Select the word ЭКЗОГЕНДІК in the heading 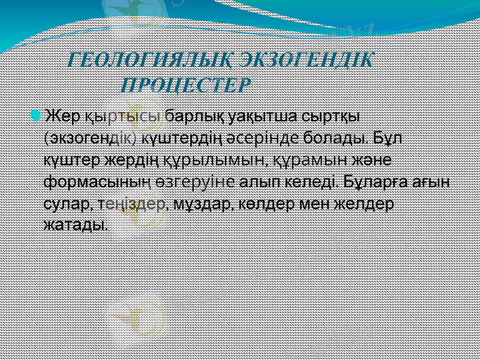coord(307,61)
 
